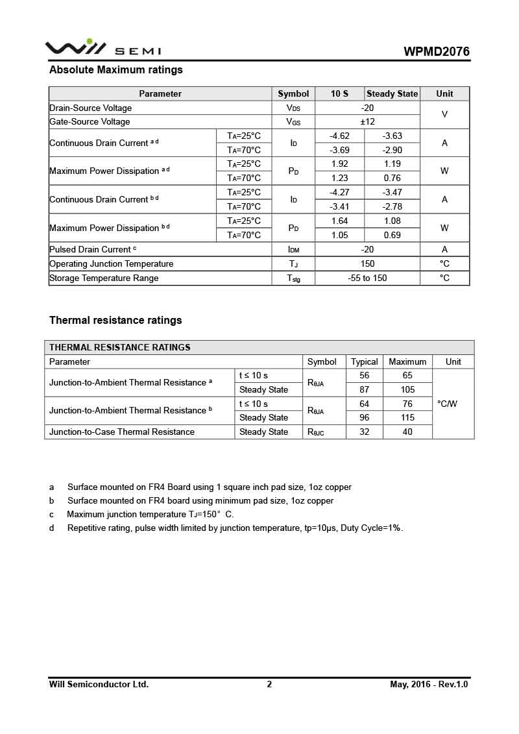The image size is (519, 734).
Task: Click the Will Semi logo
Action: pos(103,49)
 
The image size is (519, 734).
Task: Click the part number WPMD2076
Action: pos(437,52)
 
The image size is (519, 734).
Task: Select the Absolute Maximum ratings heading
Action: pos(116,70)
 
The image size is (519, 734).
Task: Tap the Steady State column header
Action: pos(392,94)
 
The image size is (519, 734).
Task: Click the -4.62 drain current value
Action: pos(339,136)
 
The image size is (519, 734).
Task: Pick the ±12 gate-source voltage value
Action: pos(367,122)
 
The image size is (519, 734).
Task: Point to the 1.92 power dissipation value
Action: pos(339,164)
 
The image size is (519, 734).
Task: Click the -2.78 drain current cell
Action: pos(392,207)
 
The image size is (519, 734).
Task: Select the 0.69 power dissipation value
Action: pos(392,235)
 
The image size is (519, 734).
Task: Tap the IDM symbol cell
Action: pos(293,250)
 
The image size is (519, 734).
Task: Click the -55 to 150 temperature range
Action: pos(367,278)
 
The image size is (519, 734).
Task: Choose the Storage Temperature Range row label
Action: pos(104,278)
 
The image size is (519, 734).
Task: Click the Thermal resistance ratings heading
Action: pos(115,321)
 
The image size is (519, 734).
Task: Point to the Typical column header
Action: pos(364,362)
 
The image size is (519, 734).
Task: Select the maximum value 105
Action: pos(407,390)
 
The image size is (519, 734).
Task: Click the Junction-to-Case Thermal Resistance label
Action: pos(122,432)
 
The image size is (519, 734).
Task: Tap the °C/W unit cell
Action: pos(447,404)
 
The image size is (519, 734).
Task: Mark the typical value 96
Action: pos(364,418)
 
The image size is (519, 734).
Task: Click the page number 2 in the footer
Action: pos(269,685)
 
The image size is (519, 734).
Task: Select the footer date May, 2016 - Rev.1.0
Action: pos(429,685)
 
